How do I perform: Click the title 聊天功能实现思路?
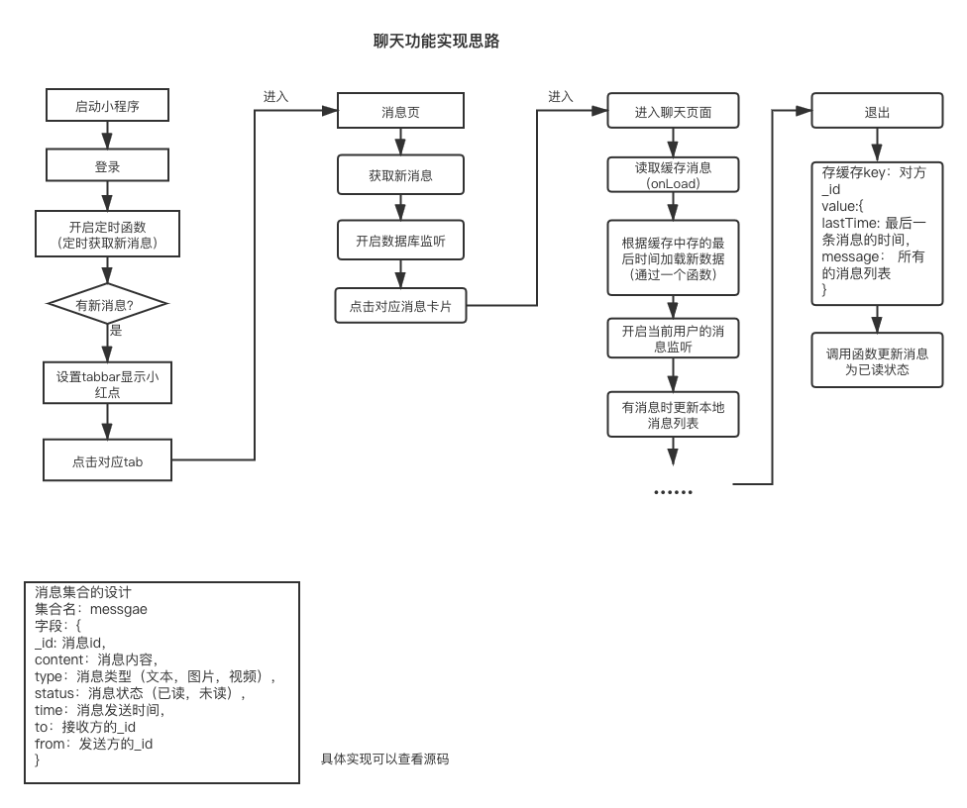pos(436,41)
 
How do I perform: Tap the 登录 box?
pos(107,167)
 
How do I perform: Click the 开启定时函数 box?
pos(107,234)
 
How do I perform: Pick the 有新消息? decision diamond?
pos(106,305)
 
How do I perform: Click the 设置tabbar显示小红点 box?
pos(107,384)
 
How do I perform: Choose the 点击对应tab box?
pos(107,461)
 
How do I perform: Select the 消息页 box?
pos(400,112)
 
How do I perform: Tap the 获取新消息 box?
pos(400,175)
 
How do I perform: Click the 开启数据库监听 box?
pos(400,240)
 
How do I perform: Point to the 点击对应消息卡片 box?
pos(400,306)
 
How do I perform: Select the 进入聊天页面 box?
pos(673,112)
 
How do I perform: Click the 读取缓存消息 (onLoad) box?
pos(673,175)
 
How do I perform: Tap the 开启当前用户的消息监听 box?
pos(673,339)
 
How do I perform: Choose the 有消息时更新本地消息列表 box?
pos(673,414)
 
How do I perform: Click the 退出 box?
pos(877,112)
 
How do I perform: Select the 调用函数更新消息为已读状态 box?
pos(877,361)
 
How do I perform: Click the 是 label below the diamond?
pos(116,331)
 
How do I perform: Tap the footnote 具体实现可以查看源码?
pos(384,759)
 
